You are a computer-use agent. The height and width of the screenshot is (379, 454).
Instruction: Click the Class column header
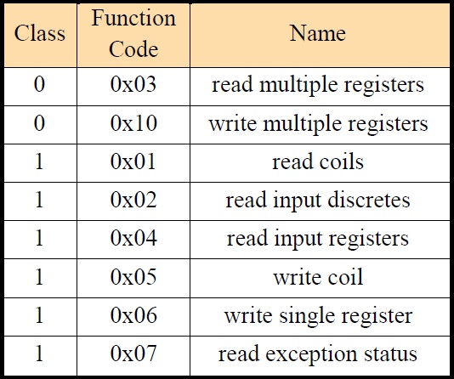[40, 33]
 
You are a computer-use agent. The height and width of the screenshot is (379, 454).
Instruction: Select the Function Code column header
[133, 33]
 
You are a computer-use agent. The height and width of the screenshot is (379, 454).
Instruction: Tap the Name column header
[318, 33]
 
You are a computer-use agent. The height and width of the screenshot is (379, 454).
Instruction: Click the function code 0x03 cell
[133, 84]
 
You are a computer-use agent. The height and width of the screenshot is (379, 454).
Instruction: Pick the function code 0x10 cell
[133, 123]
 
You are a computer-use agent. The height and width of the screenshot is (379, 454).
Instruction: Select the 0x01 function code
[133, 161]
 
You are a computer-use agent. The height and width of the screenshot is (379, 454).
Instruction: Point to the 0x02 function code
[133, 200]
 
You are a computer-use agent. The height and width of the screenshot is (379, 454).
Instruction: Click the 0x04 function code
[133, 238]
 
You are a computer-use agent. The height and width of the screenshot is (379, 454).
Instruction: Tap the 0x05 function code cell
[133, 276]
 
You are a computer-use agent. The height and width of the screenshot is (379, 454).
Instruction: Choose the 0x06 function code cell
[133, 314]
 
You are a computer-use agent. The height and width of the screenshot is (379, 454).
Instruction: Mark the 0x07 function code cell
[133, 353]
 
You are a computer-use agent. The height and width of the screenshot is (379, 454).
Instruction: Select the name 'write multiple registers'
[318, 124]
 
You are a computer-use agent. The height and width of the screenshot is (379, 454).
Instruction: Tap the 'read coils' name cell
[318, 161]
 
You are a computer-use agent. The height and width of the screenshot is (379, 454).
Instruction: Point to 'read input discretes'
[318, 201]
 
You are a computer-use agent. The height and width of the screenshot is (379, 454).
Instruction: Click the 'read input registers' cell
[318, 240]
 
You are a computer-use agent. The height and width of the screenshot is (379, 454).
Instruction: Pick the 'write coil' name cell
[318, 276]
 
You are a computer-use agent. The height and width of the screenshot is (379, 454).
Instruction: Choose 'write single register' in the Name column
[318, 316]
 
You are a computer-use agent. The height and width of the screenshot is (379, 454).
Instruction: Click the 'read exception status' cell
[318, 354]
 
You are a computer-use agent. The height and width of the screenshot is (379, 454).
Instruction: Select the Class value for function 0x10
[40, 123]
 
